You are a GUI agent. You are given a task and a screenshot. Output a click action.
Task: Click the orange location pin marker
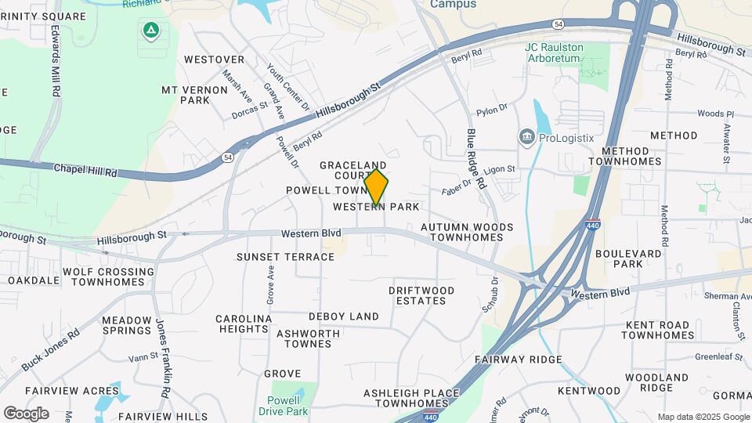(x=376, y=187)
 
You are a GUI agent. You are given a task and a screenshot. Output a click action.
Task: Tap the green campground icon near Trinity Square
(x=150, y=31)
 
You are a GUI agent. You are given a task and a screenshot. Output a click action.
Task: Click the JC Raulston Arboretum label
(x=554, y=52)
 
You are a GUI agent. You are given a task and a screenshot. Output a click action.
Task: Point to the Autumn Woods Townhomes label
(x=467, y=232)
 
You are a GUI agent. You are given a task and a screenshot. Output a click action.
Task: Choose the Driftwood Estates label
(x=421, y=295)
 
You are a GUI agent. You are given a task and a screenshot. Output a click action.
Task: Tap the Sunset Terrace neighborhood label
(x=286, y=257)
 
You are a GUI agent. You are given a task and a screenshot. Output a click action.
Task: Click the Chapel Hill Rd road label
(x=85, y=168)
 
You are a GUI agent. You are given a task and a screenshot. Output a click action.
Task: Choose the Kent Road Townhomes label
(x=658, y=330)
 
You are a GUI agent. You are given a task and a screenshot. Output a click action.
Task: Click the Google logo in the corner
(x=26, y=414)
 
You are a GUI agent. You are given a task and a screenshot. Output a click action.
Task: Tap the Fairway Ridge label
(x=519, y=360)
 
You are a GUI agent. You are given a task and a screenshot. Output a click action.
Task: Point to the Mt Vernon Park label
(x=186, y=95)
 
